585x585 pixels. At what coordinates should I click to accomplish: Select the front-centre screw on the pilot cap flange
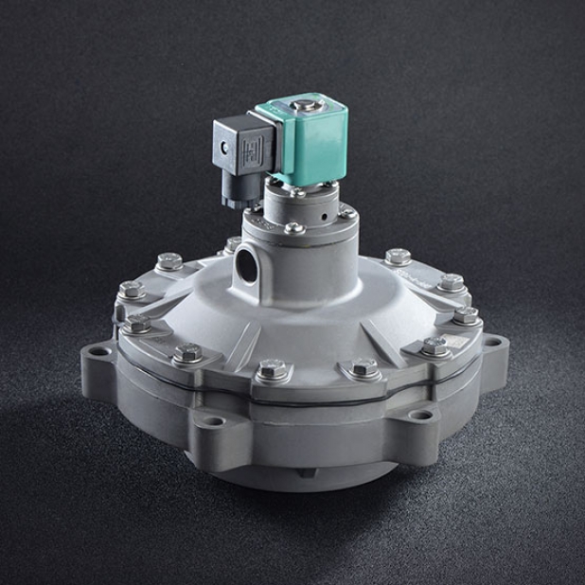coord(294,227)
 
